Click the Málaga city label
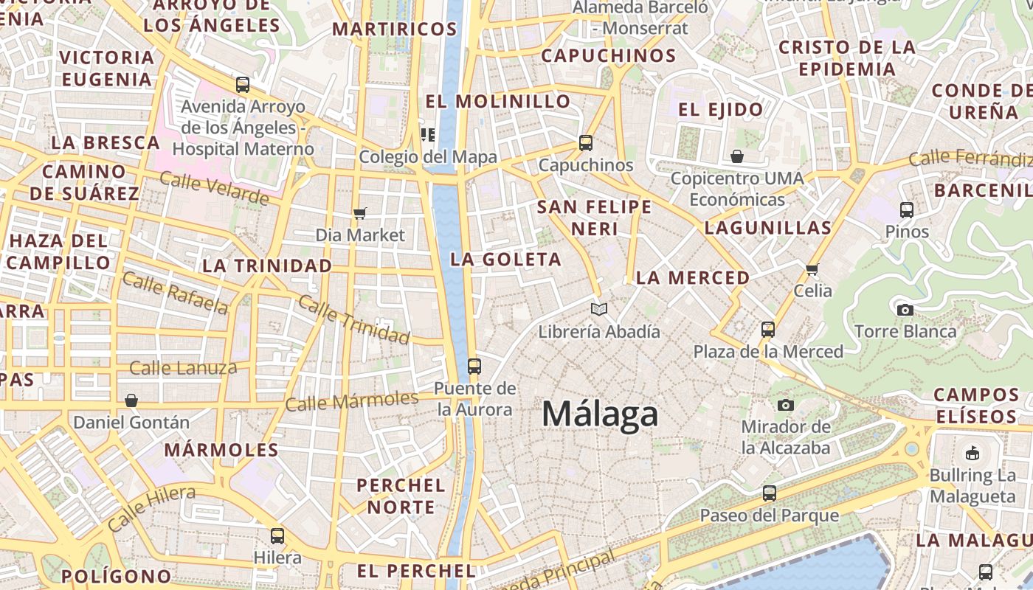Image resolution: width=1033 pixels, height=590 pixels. point(600,414)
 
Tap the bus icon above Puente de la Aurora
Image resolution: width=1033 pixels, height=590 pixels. point(474,366)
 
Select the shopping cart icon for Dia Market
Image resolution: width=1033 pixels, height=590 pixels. point(360,214)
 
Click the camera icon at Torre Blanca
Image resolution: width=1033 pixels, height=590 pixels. point(905,310)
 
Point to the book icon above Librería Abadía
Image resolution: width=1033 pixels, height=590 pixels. point(599,310)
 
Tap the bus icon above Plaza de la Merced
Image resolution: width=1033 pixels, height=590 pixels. point(768,329)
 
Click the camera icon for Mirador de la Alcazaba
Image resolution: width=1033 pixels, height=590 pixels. point(786,405)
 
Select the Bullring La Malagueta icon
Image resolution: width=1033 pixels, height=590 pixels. point(972,453)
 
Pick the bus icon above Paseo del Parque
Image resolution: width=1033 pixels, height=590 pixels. point(770,493)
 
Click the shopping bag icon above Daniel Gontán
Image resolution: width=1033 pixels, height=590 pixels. point(131,400)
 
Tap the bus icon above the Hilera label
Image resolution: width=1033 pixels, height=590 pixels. point(277,535)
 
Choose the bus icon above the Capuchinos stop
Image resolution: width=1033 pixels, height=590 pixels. point(586,142)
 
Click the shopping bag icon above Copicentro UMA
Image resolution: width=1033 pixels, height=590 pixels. point(736,156)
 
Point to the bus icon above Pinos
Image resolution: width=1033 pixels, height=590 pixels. point(907,209)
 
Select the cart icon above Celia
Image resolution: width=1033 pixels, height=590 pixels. point(812,269)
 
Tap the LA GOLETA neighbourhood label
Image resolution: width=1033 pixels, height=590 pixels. point(506,260)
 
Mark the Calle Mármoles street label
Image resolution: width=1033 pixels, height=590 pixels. point(352,402)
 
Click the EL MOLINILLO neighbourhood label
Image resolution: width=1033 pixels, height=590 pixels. point(498,101)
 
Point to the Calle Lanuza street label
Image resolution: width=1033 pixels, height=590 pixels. point(183,367)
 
